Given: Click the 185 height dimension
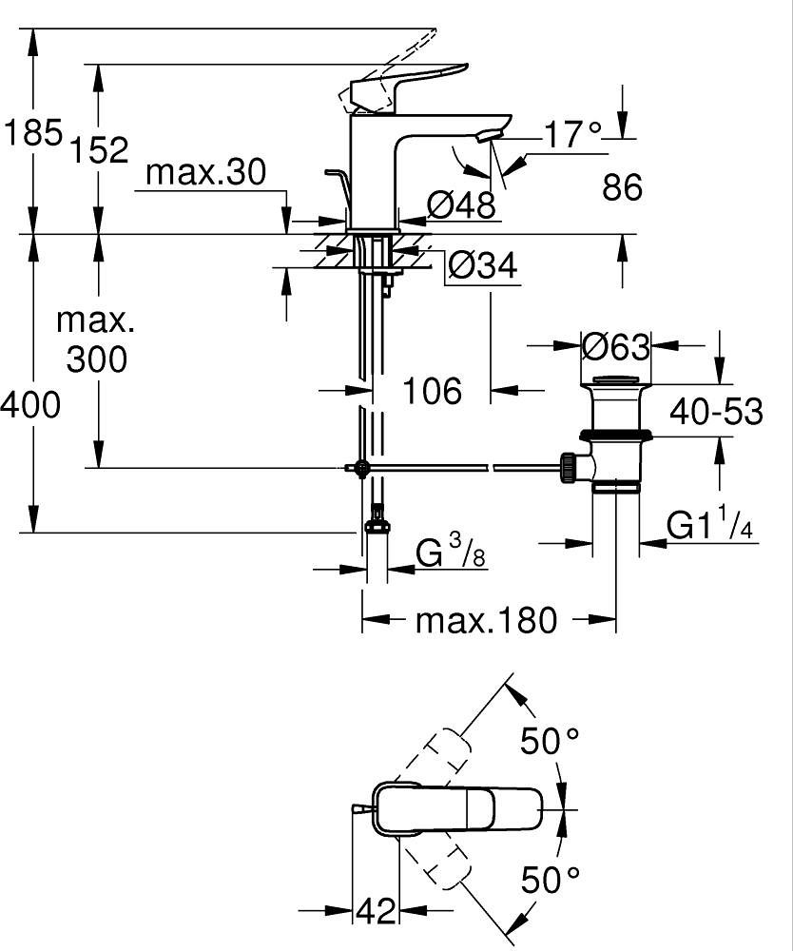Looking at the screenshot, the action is [x=33, y=132].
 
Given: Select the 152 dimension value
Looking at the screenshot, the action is [x=99, y=150].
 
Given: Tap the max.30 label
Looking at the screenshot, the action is [x=206, y=172].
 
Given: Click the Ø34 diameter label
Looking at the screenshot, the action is [x=483, y=265].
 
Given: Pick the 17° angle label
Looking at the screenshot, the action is [x=573, y=134].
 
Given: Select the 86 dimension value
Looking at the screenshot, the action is [x=622, y=186].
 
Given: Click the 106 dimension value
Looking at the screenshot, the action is [x=433, y=391].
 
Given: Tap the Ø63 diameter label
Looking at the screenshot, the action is [x=615, y=346].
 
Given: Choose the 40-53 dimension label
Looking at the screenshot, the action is [x=716, y=413].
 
